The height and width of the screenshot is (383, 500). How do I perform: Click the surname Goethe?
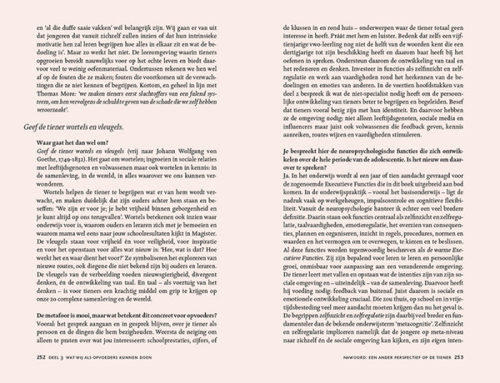[47, 162]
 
